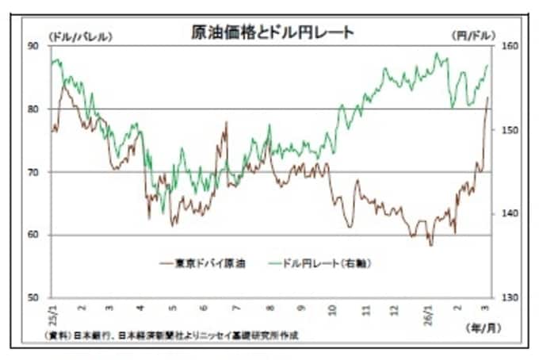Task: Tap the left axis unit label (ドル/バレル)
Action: (x=80, y=36)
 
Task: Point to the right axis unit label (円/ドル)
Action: (x=473, y=36)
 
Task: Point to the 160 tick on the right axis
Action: (x=508, y=47)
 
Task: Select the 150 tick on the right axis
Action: (x=508, y=130)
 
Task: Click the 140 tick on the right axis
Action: (x=508, y=214)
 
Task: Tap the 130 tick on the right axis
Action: (x=508, y=297)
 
